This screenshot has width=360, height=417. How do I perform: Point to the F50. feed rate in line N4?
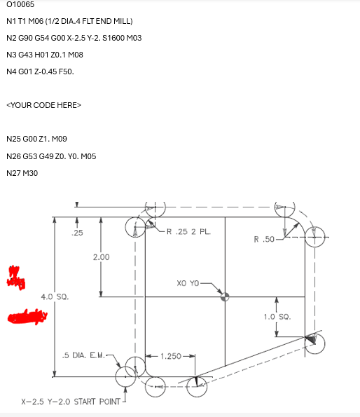pos(64,71)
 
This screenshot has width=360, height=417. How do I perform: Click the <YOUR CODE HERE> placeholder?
pos(43,105)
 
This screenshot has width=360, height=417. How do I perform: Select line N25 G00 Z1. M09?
pos(46,139)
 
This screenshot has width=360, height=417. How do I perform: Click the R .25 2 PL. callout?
pos(186,231)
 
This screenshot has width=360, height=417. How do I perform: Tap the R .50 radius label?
pos(265,240)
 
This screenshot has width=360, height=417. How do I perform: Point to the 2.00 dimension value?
pos(101,257)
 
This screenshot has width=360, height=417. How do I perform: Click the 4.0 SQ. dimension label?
pos(55,297)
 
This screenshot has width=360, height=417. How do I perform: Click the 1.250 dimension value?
pos(170,356)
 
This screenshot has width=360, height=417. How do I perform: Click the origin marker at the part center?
pos(225,296)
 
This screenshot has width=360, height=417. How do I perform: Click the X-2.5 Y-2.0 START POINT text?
pos(71,403)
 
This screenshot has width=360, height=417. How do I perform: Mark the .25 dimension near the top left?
pos(77,232)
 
